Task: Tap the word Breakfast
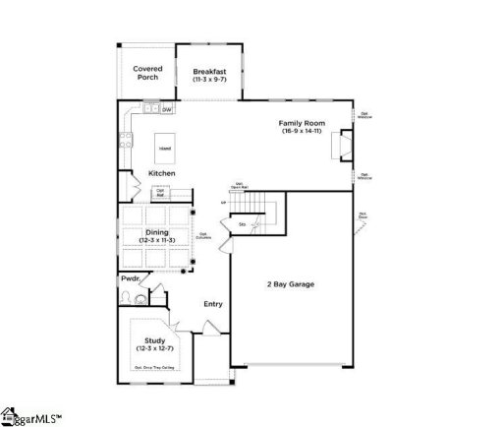(209, 71)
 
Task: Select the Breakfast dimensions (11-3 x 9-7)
(209, 79)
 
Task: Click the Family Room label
(302, 123)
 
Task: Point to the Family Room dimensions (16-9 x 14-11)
(302, 131)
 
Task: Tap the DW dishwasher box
(167, 109)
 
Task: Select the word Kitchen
(162, 173)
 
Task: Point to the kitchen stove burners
(125, 140)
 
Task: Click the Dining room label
(157, 232)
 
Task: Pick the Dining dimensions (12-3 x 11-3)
(157, 240)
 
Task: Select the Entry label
(213, 304)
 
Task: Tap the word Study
(155, 340)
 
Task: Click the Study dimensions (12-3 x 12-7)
(155, 348)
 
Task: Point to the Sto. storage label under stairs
(242, 225)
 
